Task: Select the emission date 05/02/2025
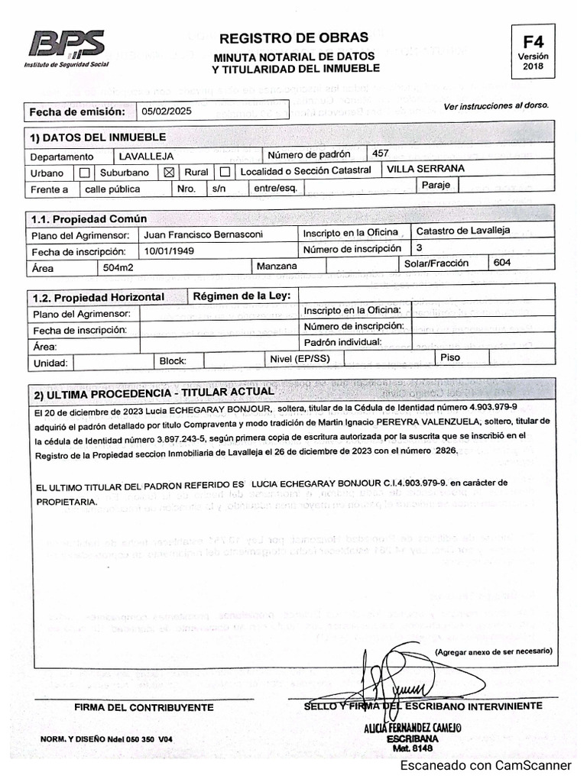[x=167, y=111]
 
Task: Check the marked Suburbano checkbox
[x=170, y=172]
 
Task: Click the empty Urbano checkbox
[x=84, y=173]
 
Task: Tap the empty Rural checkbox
[x=225, y=172]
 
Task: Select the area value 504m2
[x=119, y=267]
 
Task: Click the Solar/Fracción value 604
[x=502, y=263]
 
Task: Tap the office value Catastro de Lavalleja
[x=456, y=231]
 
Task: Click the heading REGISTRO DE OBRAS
[x=293, y=37]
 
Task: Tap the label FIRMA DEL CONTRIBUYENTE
[x=144, y=707]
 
